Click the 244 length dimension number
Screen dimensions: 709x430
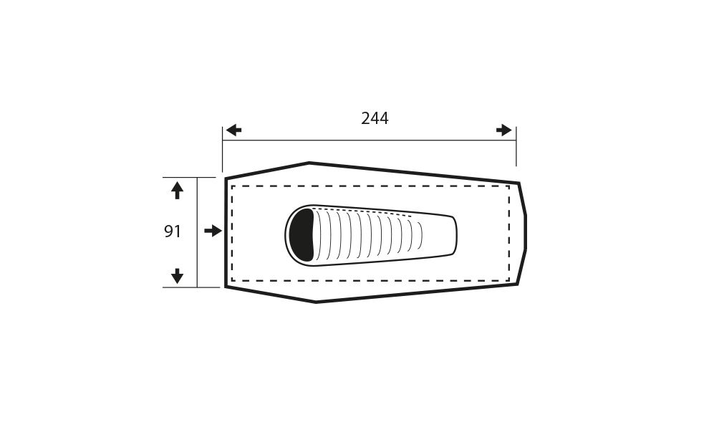click(375, 118)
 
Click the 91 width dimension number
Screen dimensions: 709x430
click(173, 231)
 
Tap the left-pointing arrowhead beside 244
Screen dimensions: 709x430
click(233, 130)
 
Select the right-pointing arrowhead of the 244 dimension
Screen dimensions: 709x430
click(503, 130)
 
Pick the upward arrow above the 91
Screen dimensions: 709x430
click(178, 191)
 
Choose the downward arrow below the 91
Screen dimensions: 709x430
click(178, 276)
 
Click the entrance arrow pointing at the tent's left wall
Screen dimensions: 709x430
click(213, 231)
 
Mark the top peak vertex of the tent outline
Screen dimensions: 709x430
click(309, 163)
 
